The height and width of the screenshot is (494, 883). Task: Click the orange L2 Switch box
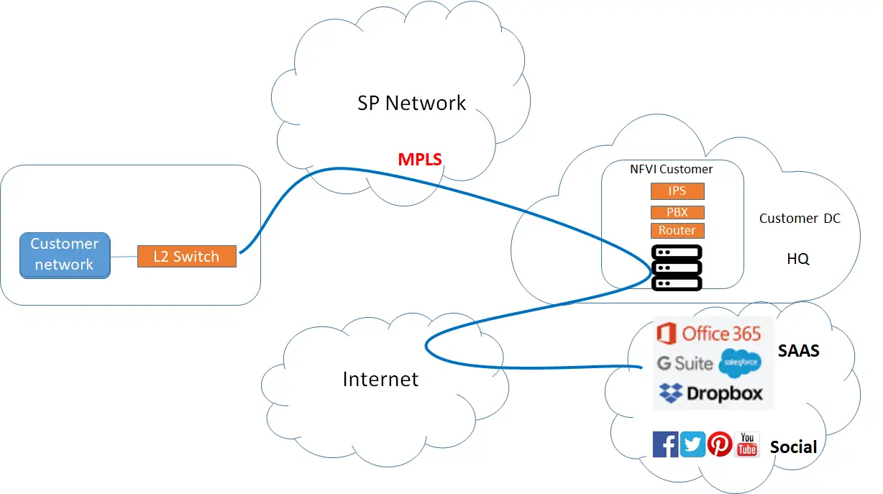187,257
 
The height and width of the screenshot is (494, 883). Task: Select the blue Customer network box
65,255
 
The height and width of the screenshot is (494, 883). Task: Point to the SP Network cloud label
411,103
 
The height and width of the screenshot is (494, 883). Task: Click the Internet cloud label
380,378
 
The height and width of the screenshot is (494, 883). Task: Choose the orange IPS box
677,191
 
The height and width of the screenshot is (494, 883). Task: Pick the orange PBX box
677,212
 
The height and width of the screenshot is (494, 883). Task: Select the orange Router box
677,231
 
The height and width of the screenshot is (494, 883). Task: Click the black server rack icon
676,267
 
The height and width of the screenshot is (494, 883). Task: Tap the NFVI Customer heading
671,170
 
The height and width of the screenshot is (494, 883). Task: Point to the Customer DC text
799,219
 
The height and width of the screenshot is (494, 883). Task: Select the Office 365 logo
709,333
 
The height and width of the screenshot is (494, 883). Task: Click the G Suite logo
685,363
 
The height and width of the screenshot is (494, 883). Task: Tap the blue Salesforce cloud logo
739,363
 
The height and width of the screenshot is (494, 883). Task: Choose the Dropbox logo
710,393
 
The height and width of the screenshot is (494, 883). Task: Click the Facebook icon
665,444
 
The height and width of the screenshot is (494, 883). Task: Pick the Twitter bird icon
692,444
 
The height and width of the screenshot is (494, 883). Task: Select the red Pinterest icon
720,444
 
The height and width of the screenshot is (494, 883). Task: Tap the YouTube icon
747,444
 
